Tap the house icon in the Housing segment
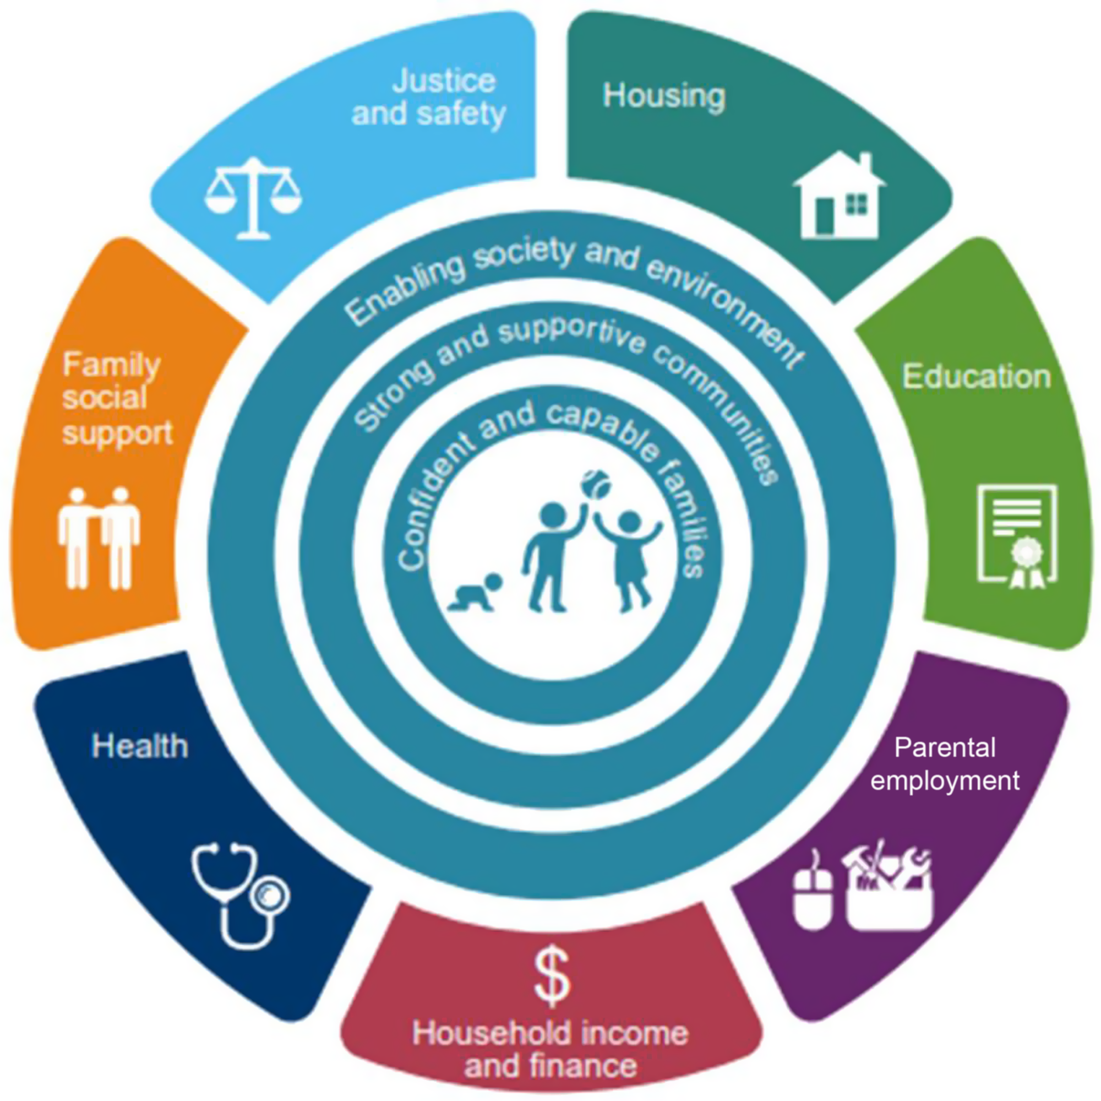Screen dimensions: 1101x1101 [840, 197]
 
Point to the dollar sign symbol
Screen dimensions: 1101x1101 [552, 976]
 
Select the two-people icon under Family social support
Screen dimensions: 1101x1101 [99, 538]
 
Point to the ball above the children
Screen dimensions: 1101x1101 [596, 484]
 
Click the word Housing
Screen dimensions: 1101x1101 [664, 96]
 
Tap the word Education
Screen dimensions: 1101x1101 [977, 377]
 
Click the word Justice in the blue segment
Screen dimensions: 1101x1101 [443, 81]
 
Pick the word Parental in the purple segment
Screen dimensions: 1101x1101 [944, 747]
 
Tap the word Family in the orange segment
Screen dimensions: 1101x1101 [111, 366]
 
